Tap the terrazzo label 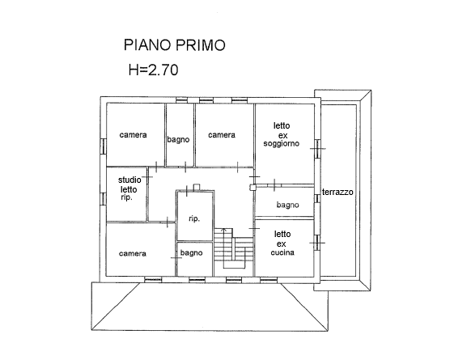click(341, 192)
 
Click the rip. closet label click(194, 218)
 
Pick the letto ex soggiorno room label click(282, 134)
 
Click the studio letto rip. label click(127, 188)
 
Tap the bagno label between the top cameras click(179, 139)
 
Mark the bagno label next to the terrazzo click(287, 205)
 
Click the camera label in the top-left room click(133, 135)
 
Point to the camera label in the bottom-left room click(133, 254)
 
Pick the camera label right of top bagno click(222, 135)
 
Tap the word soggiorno click(282, 143)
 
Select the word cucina click(282, 252)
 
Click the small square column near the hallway click(252, 186)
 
